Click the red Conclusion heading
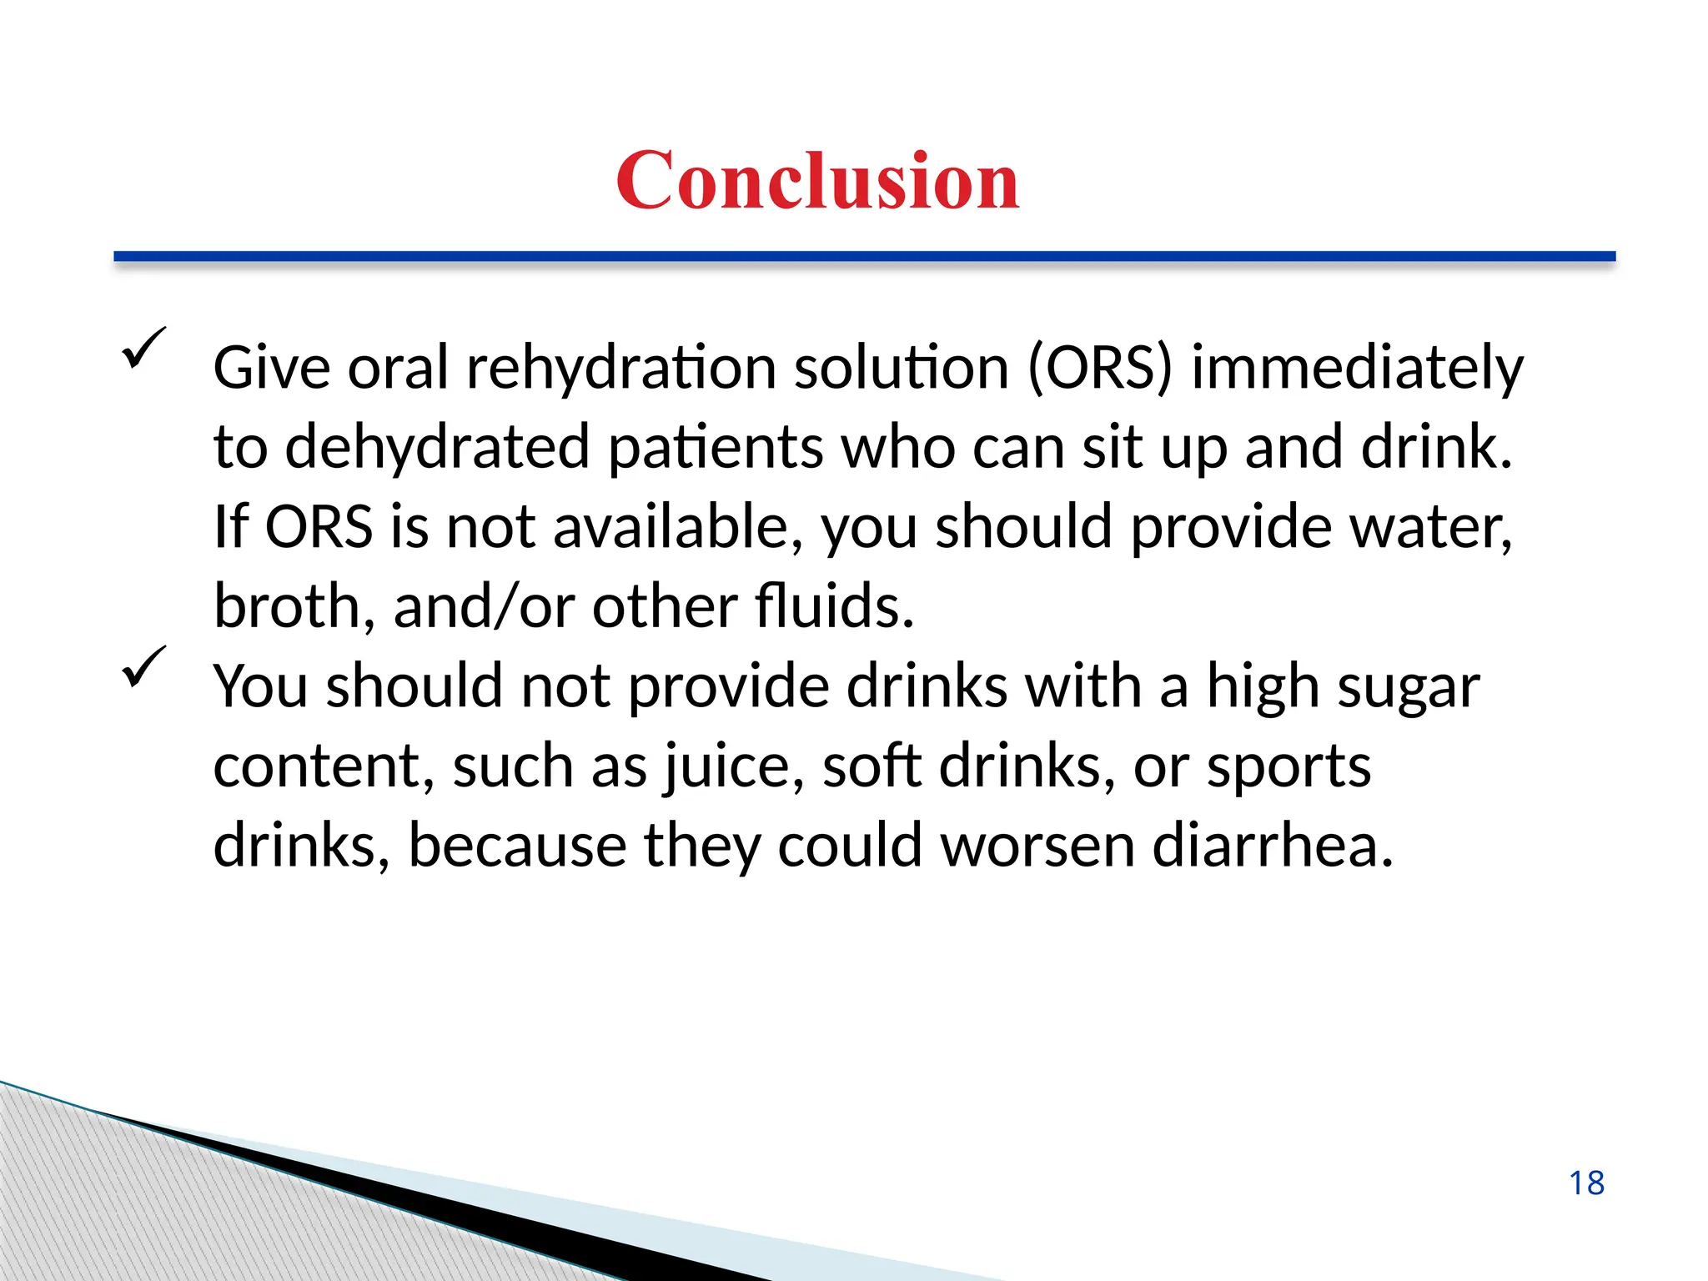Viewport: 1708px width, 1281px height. [817, 180]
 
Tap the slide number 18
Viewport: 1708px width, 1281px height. [1586, 1183]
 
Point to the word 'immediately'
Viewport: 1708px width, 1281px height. [1357, 369]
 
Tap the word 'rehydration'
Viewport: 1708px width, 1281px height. [621, 367]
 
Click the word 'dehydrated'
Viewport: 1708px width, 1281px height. [437, 447]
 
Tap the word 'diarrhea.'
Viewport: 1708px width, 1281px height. [1273, 846]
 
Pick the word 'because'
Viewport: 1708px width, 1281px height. [517, 846]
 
